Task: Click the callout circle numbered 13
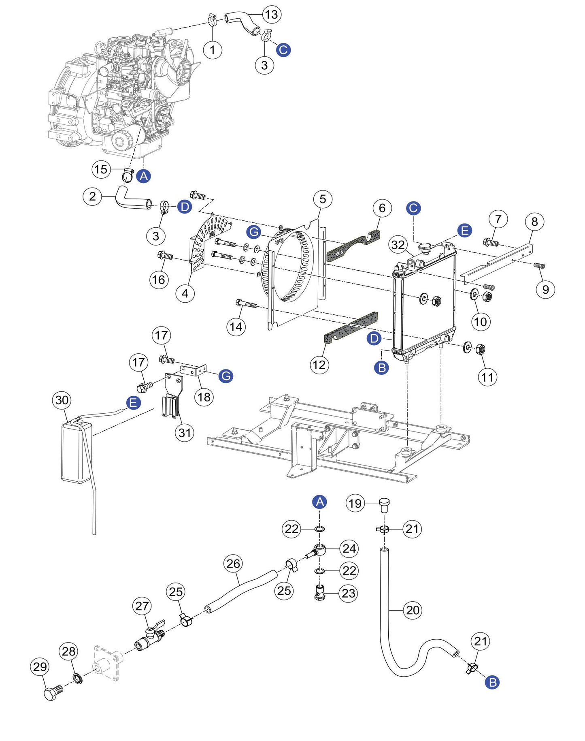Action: [x=271, y=15]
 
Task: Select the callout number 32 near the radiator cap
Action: [x=398, y=245]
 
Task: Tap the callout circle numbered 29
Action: [x=40, y=666]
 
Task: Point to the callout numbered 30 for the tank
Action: [x=62, y=400]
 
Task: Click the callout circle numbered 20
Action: [x=413, y=610]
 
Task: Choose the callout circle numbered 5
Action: [x=322, y=199]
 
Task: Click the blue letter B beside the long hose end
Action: [x=492, y=682]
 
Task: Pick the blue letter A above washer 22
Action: [x=320, y=502]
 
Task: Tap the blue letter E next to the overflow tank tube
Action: [x=133, y=403]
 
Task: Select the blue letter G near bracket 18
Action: [x=225, y=376]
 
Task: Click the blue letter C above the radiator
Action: [x=413, y=208]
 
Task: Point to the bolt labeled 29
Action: [x=53, y=693]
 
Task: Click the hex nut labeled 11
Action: [x=481, y=349]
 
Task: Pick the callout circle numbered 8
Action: [x=534, y=222]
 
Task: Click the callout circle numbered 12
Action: [x=319, y=365]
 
